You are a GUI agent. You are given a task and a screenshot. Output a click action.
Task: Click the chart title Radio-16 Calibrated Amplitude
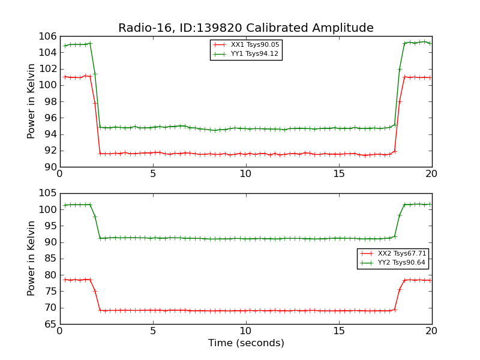click(x=245, y=28)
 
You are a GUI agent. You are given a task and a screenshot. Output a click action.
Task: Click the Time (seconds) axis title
click(x=246, y=343)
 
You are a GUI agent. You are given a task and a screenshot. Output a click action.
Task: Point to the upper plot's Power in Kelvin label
click(x=32, y=101)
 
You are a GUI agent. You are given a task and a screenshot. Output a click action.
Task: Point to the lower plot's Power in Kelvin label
click(x=32, y=259)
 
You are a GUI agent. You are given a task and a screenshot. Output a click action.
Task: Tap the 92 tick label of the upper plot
click(x=49, y=151)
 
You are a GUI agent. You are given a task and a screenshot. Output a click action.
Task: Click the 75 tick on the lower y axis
click(x=49, y=292)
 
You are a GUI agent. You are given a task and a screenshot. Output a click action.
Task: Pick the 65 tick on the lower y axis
click(x=49, y=324)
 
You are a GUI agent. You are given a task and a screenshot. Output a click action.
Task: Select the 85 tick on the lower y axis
click(x=49, y=259)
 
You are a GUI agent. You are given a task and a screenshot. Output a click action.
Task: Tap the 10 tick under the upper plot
click(x=246, y=174)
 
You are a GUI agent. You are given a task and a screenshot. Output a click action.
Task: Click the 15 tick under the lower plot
click(x=339, y=331)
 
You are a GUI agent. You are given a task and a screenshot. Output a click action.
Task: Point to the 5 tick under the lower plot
click(x=153, y=331)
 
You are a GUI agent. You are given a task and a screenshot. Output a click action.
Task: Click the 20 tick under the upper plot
click(x=431, y=174)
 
